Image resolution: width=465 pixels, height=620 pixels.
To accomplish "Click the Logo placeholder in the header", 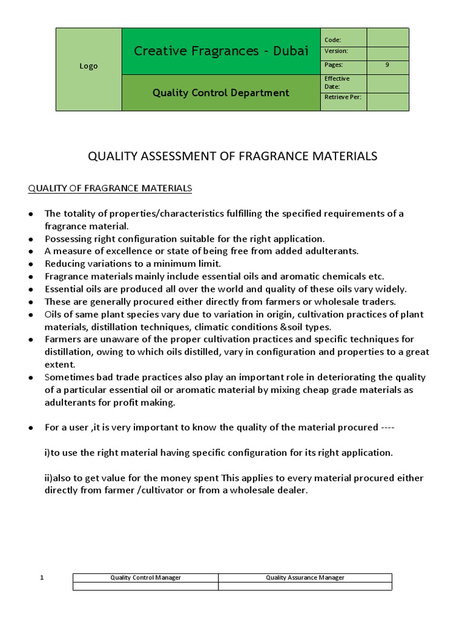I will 88,66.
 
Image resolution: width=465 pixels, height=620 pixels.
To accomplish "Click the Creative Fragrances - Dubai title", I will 221,51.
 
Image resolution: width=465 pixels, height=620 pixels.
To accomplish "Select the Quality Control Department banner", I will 221,93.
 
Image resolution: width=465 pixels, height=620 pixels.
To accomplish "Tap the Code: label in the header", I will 333,40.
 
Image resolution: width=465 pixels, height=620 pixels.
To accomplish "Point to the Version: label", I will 336,51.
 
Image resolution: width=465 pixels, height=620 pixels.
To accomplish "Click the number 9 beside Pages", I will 387,65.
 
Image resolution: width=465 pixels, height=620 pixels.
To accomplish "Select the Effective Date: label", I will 337,82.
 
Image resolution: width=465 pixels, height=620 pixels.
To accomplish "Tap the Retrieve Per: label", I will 343,97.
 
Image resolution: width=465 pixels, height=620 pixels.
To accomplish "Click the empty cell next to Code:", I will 387,38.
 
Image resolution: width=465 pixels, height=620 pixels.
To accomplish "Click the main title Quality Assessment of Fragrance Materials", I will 232,156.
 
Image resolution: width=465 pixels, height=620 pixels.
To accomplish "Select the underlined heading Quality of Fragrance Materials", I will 110,188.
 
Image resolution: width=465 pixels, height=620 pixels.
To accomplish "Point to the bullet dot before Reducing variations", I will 31,264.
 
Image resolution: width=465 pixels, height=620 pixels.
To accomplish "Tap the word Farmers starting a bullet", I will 62,339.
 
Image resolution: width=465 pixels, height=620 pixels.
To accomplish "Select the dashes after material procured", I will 387,427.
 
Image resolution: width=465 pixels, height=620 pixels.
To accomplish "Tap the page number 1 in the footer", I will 42,578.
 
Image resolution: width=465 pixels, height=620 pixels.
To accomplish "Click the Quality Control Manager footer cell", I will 145,578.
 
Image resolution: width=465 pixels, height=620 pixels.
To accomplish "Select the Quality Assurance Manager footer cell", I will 305,578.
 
